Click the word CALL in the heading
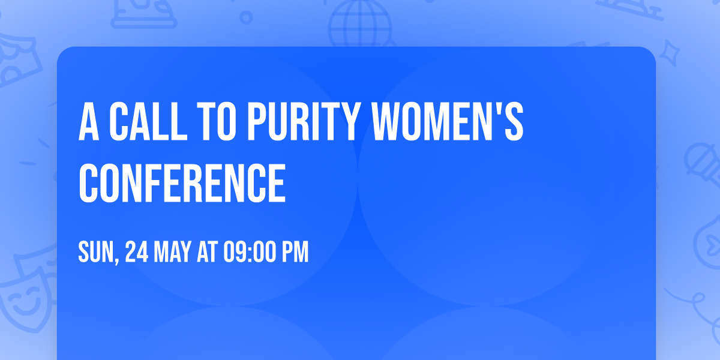pos(143,122)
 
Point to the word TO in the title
pos(217,122)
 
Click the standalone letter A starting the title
pos(89,122)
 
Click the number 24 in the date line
pos(137,253)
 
